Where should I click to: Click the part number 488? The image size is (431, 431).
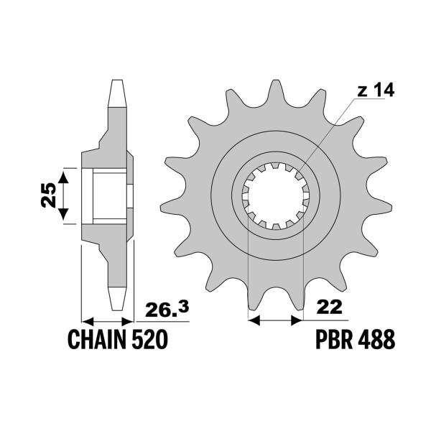pyautogui.click(x=376, y=339)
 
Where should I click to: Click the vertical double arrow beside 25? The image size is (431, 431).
pyautogui.click(x=65, y=195)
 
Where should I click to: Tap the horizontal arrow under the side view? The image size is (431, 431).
pyautogui.click(x=108, y=320)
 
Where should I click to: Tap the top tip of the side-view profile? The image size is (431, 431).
pyautogui.click(x=117, y=83)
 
